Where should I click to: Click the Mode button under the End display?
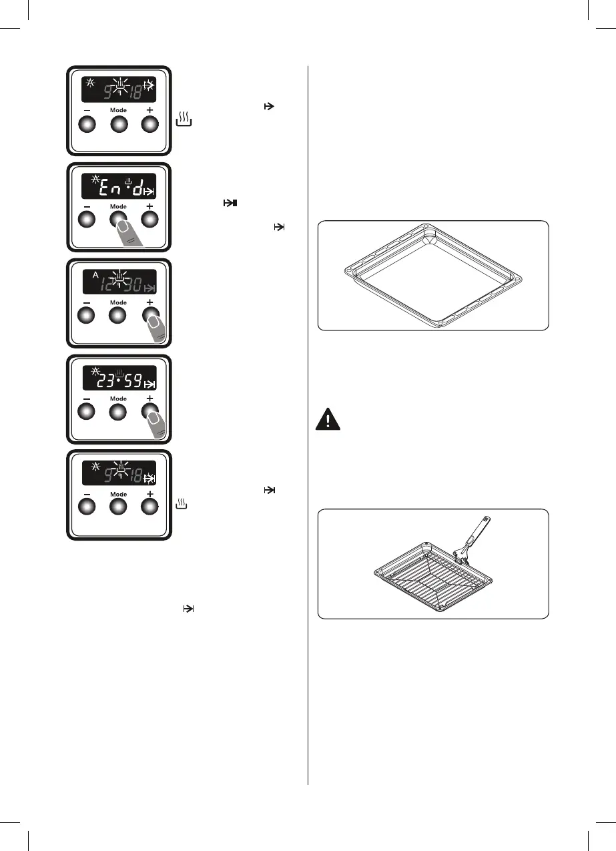[118, 220]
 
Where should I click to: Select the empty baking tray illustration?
[432, 275]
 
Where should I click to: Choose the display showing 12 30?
[119, 282]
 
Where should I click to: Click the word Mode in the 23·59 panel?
[118, 398]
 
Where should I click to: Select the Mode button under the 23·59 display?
[118, 412]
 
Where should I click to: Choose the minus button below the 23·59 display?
[87, 412]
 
